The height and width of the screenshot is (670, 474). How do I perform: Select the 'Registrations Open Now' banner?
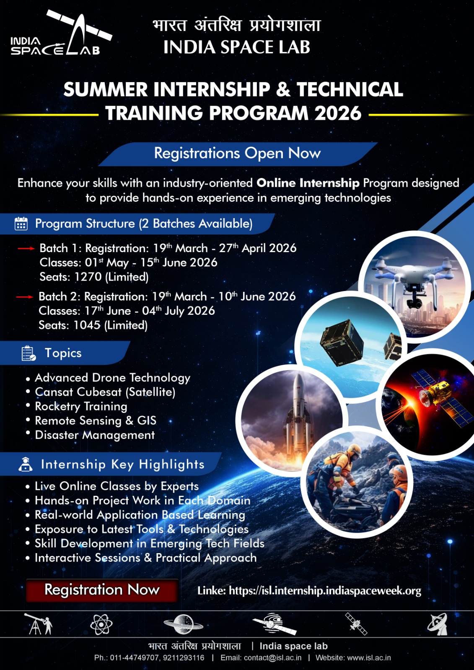click(x=237, y=153)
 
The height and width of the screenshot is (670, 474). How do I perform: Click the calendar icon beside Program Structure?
click(x=21, y=224)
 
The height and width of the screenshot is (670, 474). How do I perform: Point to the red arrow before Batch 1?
click(x=26, y=248)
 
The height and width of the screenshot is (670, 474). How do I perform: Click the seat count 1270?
click(x=88, y=277)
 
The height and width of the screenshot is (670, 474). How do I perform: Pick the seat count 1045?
click(x=87, y=325)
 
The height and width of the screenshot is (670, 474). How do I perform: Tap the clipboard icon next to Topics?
click(x=28, y=353)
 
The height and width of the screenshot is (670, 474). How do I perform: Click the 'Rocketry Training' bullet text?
click(x=81, y=406)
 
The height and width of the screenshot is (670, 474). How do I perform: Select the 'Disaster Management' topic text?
click(x=95, y=435)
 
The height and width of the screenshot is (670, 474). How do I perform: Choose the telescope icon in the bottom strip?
click(x=38, y=624)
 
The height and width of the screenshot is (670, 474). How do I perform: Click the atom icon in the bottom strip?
click(x=101, y=624)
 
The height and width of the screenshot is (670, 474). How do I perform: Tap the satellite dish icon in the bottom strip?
click(x=438, y=624)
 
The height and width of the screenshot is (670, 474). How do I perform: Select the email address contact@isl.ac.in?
click(x=272, y=658)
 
